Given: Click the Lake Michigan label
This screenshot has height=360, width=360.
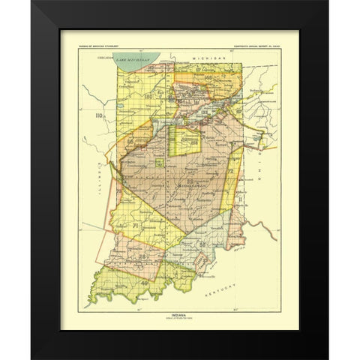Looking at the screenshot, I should (138, 58).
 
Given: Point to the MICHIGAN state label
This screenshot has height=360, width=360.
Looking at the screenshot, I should (201, 57).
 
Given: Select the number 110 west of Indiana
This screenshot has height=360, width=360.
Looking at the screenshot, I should (97, 117).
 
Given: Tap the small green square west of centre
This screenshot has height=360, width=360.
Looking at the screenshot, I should (160, 161).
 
